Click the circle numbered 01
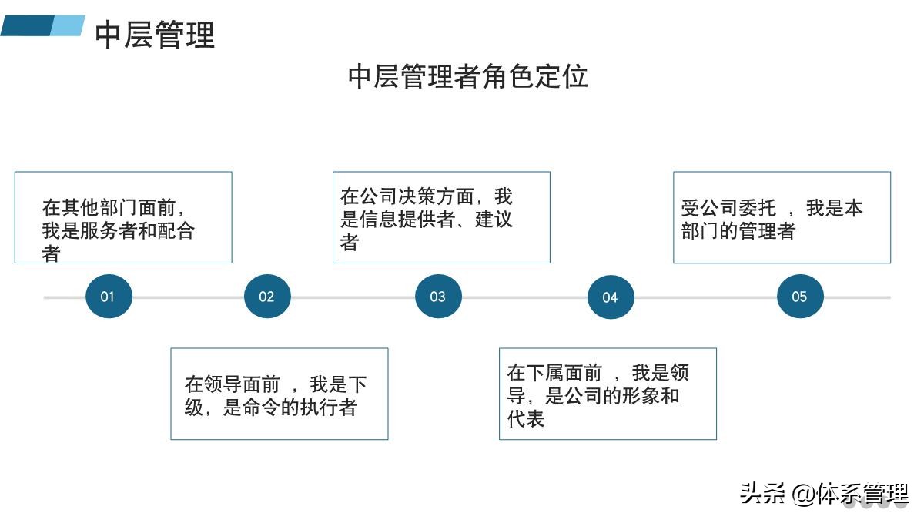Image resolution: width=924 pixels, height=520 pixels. click(109, 297)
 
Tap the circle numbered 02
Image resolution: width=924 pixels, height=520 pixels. click(267, 297)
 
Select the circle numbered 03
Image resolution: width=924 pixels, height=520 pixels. click(438, 297)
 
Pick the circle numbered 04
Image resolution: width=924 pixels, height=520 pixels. click(611, 297)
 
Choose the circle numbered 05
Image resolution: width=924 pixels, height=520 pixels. click(800, 297)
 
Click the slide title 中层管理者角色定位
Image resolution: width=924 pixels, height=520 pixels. click(468, 76)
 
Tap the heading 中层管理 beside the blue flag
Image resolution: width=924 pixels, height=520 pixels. click(155, 35)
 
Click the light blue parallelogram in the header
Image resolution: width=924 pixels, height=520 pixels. click(68, 25)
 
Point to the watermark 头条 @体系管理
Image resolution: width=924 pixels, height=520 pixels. click(824, 493)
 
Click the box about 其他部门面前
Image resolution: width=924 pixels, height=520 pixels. click(123, 217)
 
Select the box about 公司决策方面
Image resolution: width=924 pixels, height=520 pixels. click(441, 217)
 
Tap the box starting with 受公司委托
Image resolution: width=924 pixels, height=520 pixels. click(782, 217)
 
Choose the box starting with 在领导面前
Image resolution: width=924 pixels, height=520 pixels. click(279, 394)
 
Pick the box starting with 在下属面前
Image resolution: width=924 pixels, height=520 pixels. click(608, 394)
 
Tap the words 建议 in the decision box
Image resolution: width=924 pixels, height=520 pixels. click(494, 220)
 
